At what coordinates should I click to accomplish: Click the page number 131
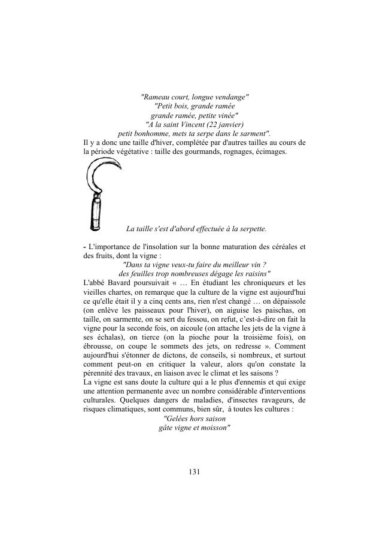194,472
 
